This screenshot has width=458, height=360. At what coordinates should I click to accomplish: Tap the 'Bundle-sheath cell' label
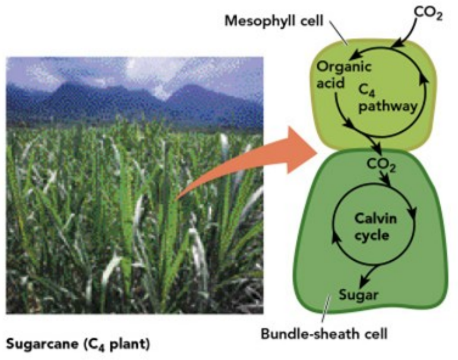pyautogui.click(x=325, y=333)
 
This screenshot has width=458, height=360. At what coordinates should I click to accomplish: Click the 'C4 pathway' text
pyautogui.click(x=388, y=98)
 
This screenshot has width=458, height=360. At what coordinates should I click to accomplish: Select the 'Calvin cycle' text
pyautogui.click(x=373, y=226)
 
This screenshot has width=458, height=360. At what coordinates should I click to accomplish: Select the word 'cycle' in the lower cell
pyautogui.click(x=373, y=235)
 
